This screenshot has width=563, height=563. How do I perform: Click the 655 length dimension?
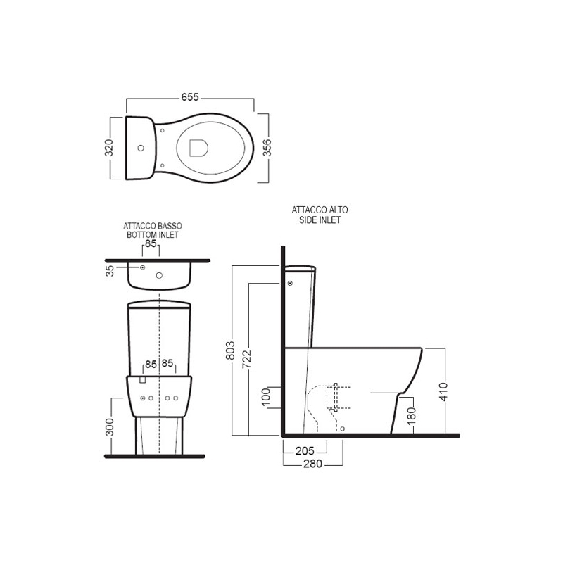(190, 97)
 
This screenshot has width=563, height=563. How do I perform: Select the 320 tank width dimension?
(109, 148)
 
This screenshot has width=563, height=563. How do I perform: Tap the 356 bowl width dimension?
(267, 148)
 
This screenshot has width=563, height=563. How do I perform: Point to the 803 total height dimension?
(230, 350)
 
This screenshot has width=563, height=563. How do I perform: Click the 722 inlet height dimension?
(247, 359)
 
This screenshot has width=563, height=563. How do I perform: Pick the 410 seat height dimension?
(444, 392)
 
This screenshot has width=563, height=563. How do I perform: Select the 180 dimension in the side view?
(412, 415)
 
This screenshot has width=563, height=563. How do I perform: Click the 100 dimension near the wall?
(266, 397)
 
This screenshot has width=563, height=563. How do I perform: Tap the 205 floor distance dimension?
(305, 451)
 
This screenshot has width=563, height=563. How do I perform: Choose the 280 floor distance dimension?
(312, 464)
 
